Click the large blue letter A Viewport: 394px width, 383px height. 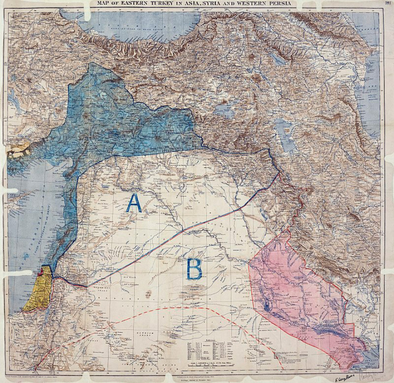134,202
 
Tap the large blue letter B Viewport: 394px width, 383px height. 194,269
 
